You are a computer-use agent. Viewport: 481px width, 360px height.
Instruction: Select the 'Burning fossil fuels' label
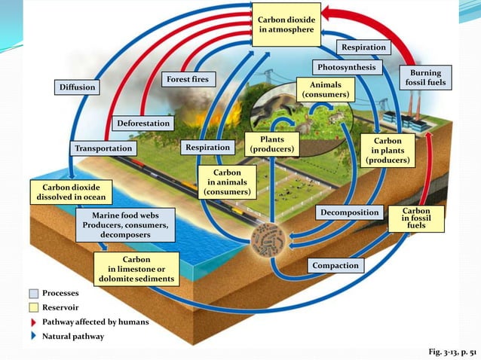click(x=425, y=78)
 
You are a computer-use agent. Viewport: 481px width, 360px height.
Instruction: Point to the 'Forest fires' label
click(x=188, y=79)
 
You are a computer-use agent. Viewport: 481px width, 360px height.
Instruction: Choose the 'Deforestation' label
click(x=143, y=123)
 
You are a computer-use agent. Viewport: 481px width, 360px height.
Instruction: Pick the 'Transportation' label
click(x=103, y=148)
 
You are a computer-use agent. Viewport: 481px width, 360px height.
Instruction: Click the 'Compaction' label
click(x=335, y=265)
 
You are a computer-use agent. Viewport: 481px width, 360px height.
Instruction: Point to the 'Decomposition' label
click(x=349, y=213)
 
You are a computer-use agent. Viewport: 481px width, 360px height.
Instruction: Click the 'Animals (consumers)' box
click(x=324, y=90)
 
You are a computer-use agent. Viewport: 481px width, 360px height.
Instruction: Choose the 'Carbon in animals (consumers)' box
click(x=228, y=183)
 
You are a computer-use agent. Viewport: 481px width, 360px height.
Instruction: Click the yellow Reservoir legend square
click(x=34, y=307)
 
